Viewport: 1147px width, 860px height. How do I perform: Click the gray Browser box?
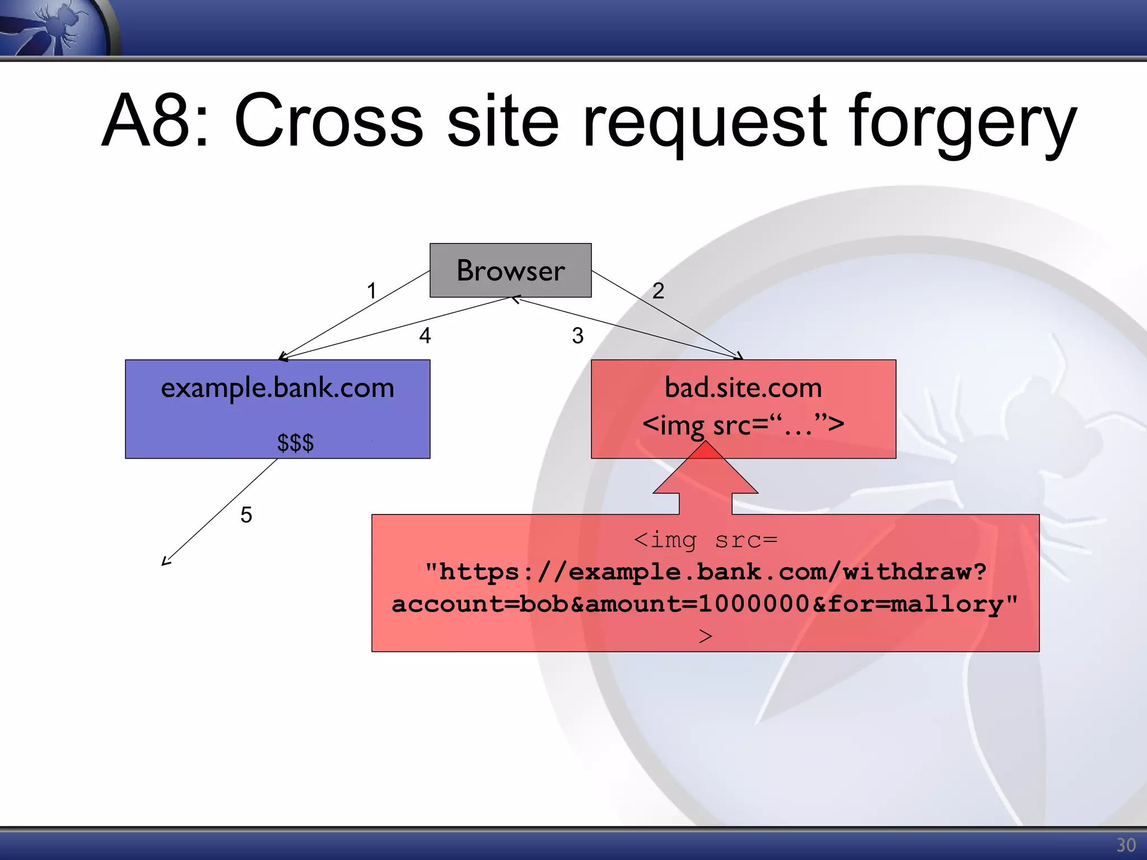(510, 270)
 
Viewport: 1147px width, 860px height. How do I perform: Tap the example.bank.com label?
(277, 388)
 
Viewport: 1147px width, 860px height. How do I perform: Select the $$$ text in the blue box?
(295, 443)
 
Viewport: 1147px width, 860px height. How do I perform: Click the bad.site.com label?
(743, 388)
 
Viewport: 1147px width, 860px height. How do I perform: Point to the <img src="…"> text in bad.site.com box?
(743, 425)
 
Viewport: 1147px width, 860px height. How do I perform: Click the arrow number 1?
(371, 291)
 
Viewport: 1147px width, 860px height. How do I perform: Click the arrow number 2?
(658, 291)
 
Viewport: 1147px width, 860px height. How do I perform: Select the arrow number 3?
(577, 335)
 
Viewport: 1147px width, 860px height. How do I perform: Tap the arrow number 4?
(425, 335)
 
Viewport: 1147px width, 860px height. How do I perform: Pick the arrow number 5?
(246, 515)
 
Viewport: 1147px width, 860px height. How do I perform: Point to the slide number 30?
(1126, 845)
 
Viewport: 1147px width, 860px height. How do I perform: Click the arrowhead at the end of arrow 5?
(165, 562)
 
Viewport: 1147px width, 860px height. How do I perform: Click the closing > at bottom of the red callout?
(706, 636)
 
